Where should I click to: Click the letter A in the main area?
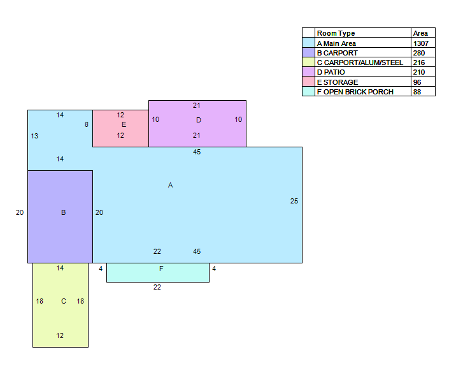171,185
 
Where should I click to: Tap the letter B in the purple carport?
64,212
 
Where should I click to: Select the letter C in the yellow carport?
64,301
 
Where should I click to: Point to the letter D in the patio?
199,120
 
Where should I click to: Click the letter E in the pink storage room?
124,124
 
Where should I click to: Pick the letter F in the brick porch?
161,268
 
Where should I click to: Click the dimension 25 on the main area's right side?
294,201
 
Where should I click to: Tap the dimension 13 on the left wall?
34,136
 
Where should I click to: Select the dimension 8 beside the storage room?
87,124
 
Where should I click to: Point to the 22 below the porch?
157,287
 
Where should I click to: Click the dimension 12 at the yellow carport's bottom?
60,335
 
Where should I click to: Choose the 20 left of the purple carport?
20,212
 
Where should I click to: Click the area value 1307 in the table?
421,43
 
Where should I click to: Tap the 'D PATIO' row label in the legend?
331,72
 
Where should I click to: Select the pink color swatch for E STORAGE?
309,82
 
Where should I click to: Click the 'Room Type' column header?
336,33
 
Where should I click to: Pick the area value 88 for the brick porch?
417,92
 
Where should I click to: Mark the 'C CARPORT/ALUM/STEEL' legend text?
360,62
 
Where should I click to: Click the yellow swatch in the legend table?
309,62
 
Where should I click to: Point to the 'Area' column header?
420,33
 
